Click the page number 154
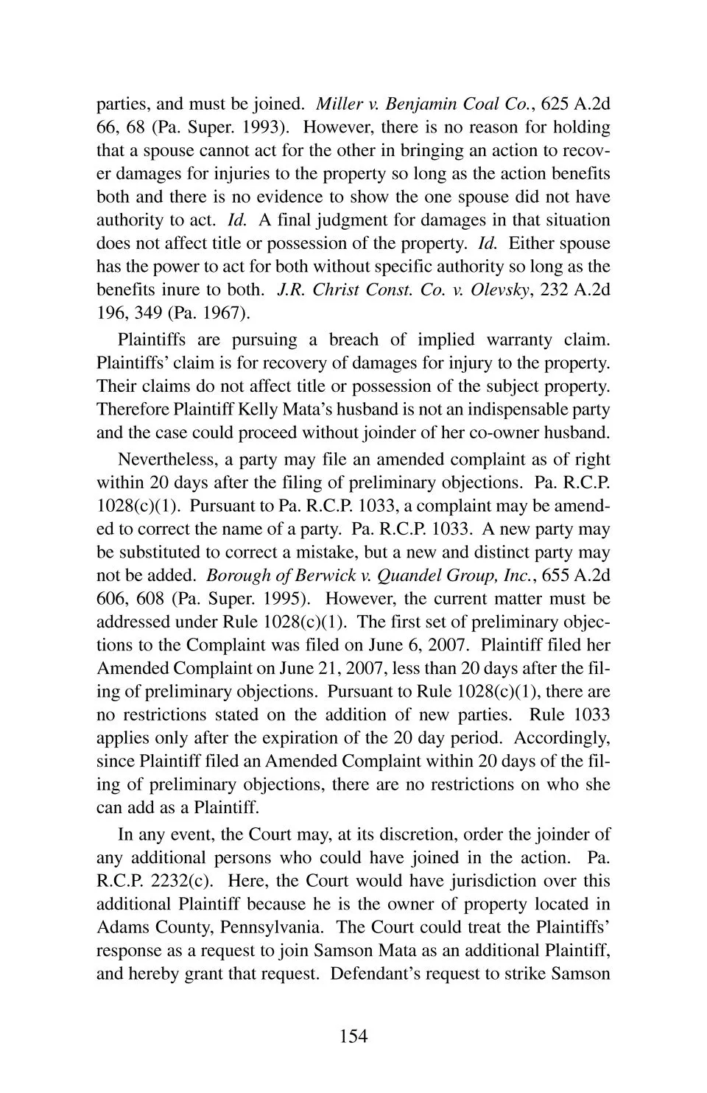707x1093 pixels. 353,1036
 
